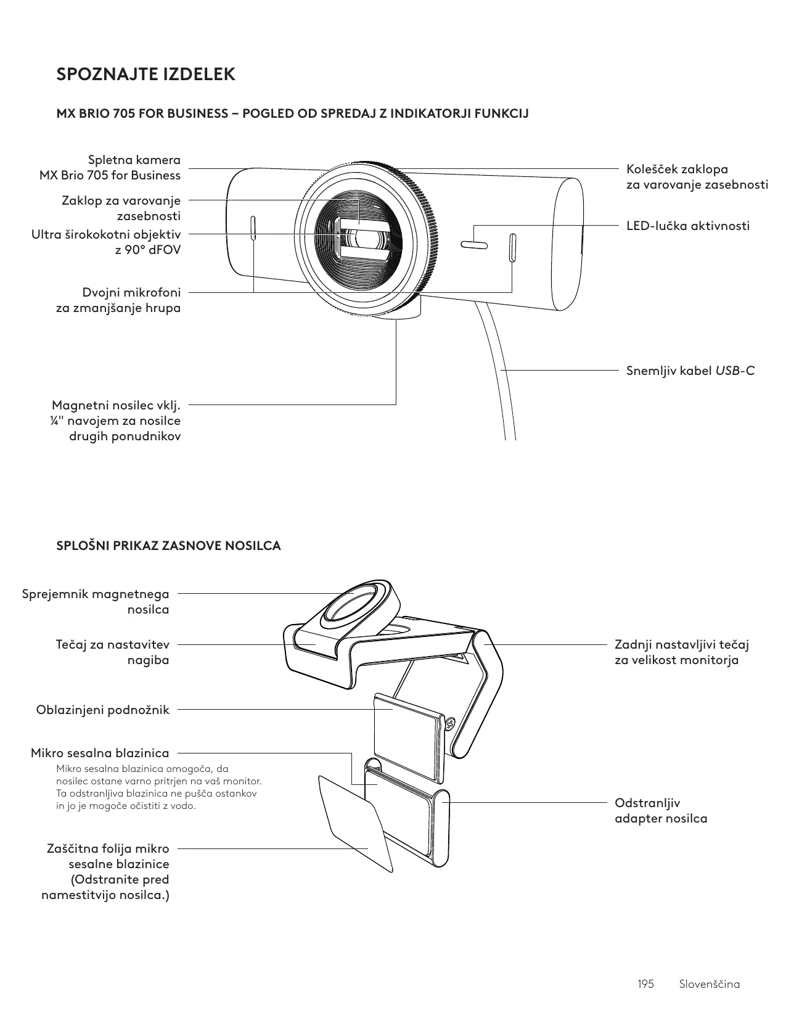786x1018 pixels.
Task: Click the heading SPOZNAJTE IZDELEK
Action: (x=145, y=75)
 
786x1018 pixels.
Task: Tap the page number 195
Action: (x=645, y=983)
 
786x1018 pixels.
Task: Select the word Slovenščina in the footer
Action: (x=709, y=983)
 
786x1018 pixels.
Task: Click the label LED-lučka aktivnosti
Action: (x=688, y=226)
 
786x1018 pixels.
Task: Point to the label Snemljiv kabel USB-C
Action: (x=690, y=371)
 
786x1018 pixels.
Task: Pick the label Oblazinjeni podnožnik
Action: (x=102, y=710)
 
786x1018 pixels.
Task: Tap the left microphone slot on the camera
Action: (x=253, y=231)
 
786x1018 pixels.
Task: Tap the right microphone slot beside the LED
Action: (x=512, y=247)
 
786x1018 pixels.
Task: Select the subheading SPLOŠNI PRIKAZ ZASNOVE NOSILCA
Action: (x=168, y=546)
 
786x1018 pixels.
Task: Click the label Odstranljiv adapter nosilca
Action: (x=661, y=811)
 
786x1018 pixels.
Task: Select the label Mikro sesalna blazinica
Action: (x=100, y=753)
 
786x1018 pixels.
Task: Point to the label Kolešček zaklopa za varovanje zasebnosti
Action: (x=697, y=177)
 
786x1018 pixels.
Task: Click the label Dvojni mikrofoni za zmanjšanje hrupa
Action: (x=118, y=300)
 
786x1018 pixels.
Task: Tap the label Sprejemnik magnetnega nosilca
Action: (x=96, y=602)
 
